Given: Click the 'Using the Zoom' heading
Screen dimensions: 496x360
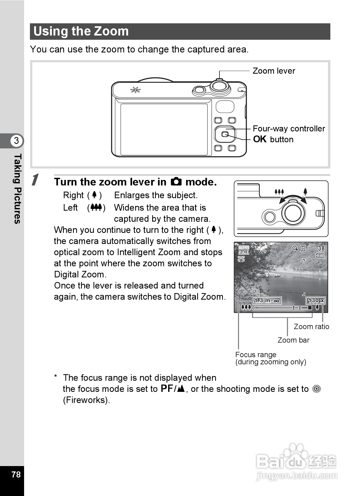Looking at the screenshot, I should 81,31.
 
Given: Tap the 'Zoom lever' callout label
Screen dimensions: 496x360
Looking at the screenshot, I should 274,71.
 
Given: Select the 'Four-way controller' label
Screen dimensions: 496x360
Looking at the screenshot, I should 289,129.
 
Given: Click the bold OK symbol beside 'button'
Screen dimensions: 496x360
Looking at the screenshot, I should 260,139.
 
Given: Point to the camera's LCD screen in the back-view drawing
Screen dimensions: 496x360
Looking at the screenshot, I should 164,129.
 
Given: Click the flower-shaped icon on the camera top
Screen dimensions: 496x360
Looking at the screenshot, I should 135,90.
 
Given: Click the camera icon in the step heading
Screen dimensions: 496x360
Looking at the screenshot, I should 176,182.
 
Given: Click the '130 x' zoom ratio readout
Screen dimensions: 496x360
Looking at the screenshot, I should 316,300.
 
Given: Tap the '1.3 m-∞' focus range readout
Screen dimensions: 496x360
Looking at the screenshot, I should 267,300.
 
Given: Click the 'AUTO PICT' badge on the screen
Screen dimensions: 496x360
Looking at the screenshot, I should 244,250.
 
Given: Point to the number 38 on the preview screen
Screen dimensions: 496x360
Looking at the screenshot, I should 321,248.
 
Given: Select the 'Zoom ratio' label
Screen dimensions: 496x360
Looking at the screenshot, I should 311,327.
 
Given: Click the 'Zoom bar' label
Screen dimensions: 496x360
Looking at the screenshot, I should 293,340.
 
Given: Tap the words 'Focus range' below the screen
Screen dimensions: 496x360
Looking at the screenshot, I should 256,355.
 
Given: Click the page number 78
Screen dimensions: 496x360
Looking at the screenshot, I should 16,475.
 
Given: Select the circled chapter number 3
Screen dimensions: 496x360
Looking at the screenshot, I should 16,140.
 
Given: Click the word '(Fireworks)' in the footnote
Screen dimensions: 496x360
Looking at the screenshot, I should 86,400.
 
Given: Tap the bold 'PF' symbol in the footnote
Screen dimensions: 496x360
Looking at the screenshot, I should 167,388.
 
